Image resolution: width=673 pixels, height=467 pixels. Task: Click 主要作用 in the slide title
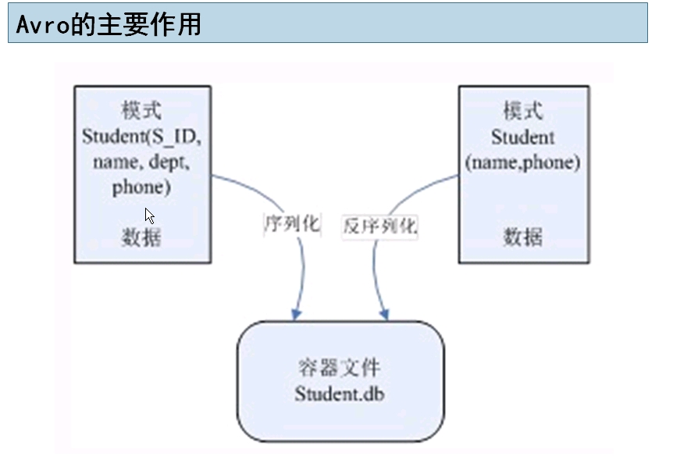[x=147, y=24]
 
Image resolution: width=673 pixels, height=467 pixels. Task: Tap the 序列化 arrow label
[x=291, y=224]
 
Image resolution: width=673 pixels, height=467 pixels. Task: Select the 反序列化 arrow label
[x=380, y=226]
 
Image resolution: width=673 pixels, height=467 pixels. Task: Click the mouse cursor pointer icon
[x=149, y=216]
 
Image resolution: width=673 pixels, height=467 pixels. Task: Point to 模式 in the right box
[x=522, y=110]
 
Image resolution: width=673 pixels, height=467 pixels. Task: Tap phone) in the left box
[x=141, y=187]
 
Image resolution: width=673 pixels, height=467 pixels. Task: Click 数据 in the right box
[x=522, y=237]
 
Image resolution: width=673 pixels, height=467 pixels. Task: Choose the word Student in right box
[x=522, y=137]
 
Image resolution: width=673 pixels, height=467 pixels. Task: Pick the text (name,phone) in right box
[x=522, y=162]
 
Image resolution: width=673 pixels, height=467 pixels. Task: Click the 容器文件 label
[x=340, y=368]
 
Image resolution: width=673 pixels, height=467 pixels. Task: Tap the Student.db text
[x=340, y=393]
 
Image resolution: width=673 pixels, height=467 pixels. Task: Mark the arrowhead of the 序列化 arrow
[x=297, y=314]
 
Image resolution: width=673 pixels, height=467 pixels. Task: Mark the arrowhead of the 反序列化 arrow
[x=384, y=314]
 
